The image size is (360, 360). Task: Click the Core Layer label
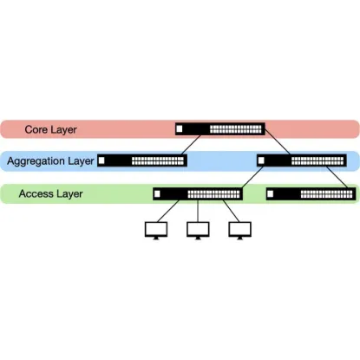click(50, 129)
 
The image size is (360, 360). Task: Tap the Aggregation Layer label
click(50, 161)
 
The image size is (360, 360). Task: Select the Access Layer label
click(50, 193)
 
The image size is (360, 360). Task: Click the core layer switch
click(220, 129)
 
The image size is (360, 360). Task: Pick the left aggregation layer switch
click(142, 160)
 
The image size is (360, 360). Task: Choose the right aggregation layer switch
click(302, 160)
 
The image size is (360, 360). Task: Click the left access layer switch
click(198, 193)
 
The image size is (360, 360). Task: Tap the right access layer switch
click(311, 193)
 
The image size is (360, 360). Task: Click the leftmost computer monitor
click(156, 231)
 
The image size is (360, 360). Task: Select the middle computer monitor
click(198, 231)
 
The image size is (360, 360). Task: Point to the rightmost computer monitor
click(239, 231)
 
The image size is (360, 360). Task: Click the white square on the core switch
click(180, 128)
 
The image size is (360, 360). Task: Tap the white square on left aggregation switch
click(101, 160)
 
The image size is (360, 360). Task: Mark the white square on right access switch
click(270, 193)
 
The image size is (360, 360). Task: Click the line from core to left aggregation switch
click(191, 145)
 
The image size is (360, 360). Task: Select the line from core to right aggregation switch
click(278, 141)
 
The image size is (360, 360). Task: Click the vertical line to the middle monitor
click(198, 211)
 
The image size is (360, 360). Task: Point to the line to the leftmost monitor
click(168, 211)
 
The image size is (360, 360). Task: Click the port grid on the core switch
click(235, 129)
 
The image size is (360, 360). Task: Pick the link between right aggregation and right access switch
click(337, 177)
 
